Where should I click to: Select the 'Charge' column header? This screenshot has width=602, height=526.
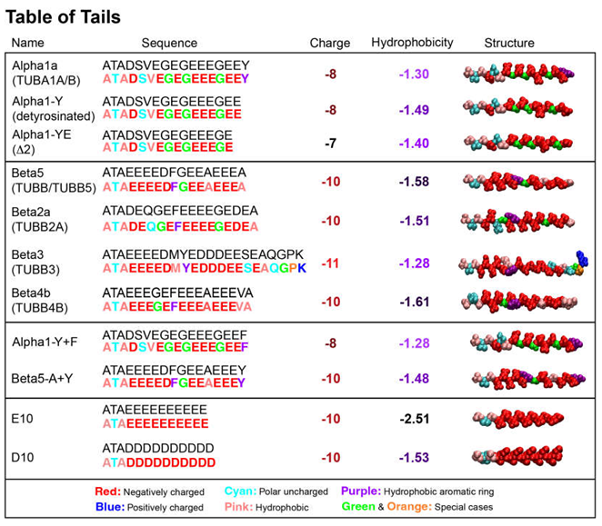tap(330, 43)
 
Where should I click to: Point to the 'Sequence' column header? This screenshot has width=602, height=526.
tap(169, 43)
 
